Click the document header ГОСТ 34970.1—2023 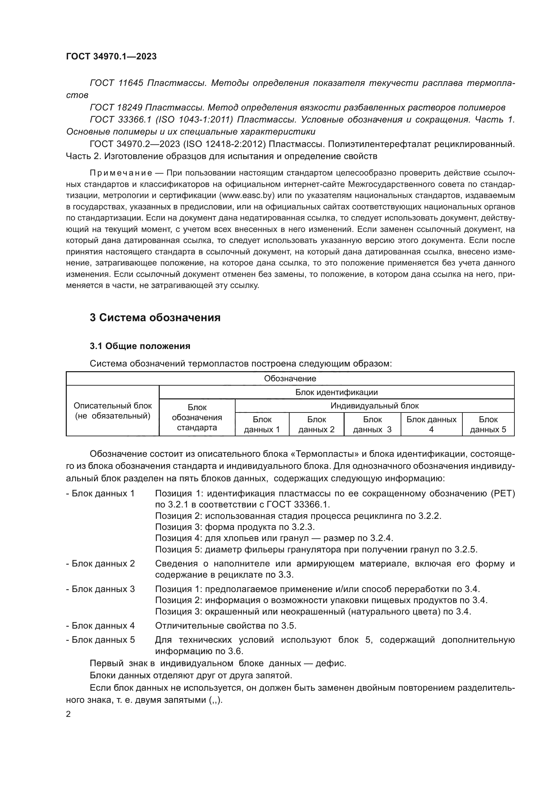tap(111, 56)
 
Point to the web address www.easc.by tap(243, 196)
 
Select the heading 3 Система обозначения tap(155, 317)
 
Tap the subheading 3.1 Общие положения tap(140, 346)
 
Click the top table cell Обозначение tap(290, 379)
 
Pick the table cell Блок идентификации tap(336, 392)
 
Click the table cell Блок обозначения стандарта tap(197, 418)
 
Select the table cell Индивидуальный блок tap(374, 406)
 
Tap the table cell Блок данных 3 tap(372, 424)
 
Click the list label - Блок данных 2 tap(100, 563)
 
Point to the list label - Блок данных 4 tap(100, 626)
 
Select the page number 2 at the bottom tap(68, 714)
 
